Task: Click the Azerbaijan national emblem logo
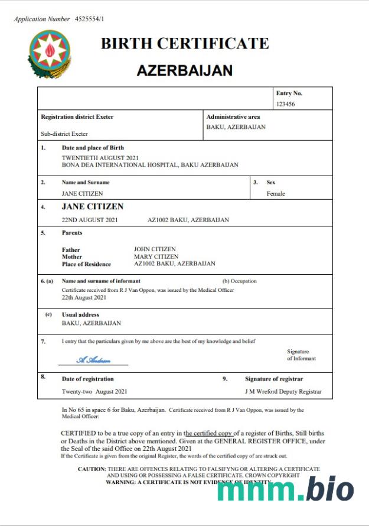50,54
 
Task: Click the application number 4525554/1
90,19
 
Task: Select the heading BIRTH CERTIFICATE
184,44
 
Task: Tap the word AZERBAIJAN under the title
184,70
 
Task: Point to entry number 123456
285,104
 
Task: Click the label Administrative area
233,117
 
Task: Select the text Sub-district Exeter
64,134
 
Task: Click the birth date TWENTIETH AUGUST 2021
100,158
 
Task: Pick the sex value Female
276,193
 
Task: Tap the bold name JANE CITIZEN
93,207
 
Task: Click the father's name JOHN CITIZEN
155,249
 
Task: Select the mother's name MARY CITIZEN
156,256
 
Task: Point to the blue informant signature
93,359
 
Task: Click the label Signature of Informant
301,355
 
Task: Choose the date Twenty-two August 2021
94,391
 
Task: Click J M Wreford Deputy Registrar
283,391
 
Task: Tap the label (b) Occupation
240,281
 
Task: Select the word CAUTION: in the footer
92,469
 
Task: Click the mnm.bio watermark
285,489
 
